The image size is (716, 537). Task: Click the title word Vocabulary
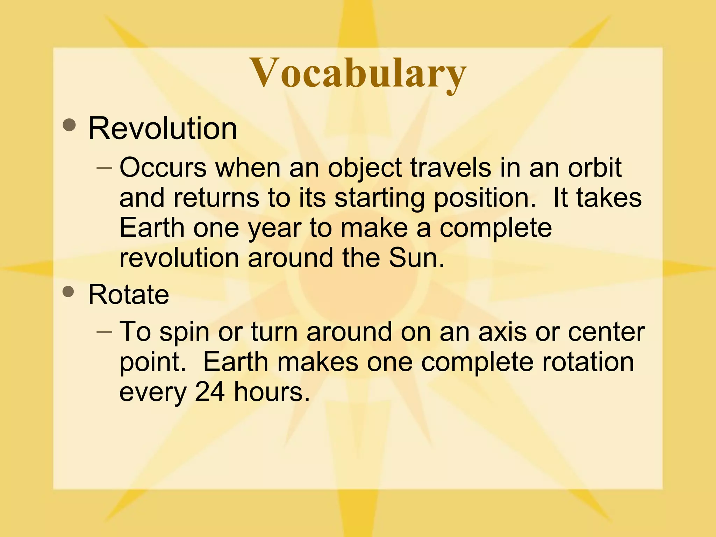[358, 73]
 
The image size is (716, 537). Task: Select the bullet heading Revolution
[163, 128]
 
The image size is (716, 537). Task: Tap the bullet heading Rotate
[129, 294]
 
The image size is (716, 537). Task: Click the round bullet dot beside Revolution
[70, 125]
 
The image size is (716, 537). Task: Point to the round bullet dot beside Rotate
[69, 291]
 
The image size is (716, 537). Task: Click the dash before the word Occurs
[104, 168]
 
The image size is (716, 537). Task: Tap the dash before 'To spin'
[104, 332]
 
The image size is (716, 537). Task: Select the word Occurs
[163, 168]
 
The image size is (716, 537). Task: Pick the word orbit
[594, 168]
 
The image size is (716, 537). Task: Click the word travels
[451, 168]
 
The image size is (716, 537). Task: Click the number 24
[210, 392]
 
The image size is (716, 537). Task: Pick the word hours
[272, 392]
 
